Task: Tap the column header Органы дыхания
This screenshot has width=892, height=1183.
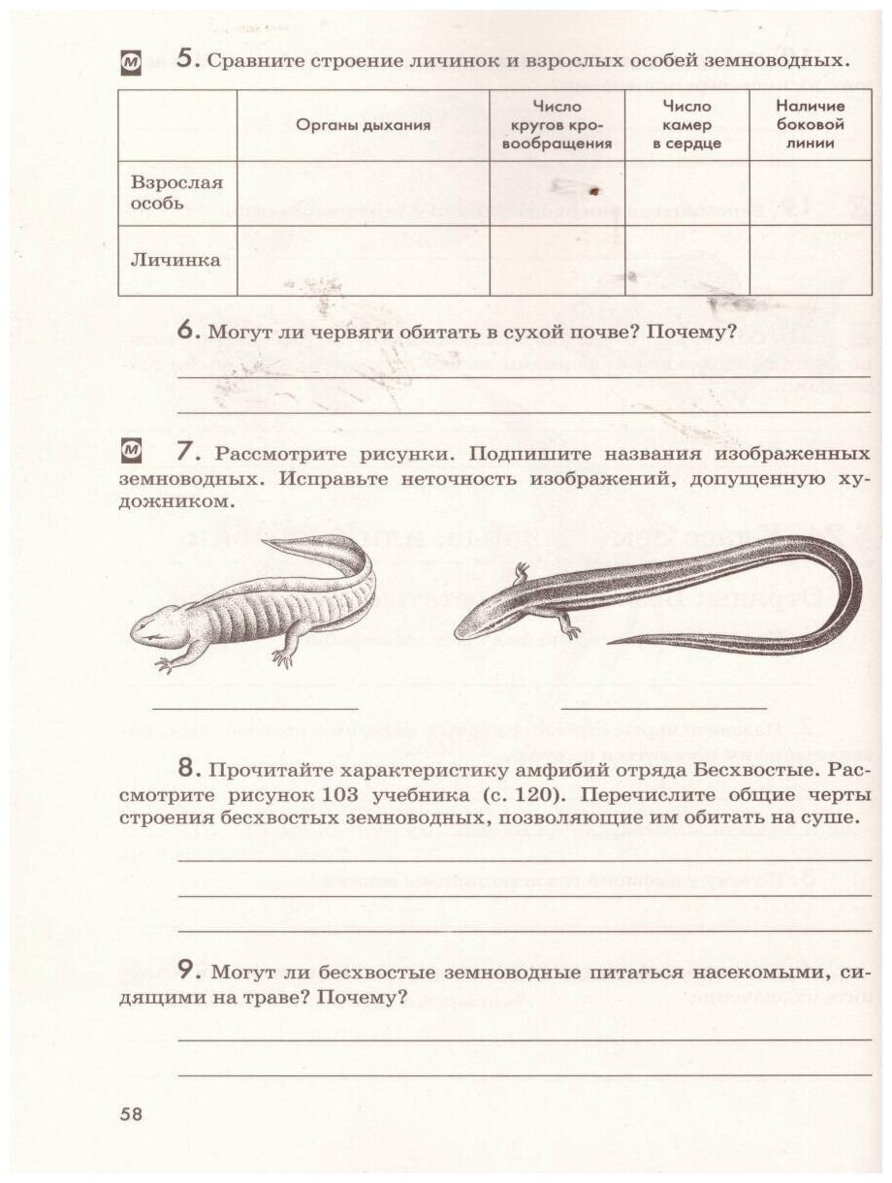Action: [x=364, y=125]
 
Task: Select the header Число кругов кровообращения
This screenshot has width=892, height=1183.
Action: [x=557, y=125]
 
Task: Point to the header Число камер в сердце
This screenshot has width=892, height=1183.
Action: [x=686, y=125]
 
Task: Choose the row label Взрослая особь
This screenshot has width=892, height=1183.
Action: [x=176, y=193]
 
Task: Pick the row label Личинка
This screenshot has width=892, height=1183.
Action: [x=175, y=260]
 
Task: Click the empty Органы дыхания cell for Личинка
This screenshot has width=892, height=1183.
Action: [x=364, y=260]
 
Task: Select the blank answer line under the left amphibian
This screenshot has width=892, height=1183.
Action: [x=255, y=709]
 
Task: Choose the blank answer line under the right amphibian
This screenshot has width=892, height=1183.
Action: [x=664, y=709]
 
